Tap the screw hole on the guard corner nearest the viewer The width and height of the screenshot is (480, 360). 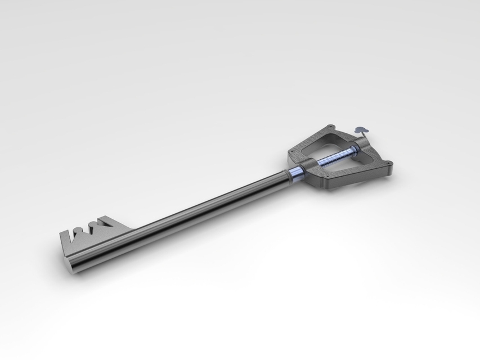coord(326,183)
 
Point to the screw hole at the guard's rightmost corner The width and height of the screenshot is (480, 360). coord(389,164)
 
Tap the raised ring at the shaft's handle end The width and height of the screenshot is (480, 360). coord(288,175)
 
